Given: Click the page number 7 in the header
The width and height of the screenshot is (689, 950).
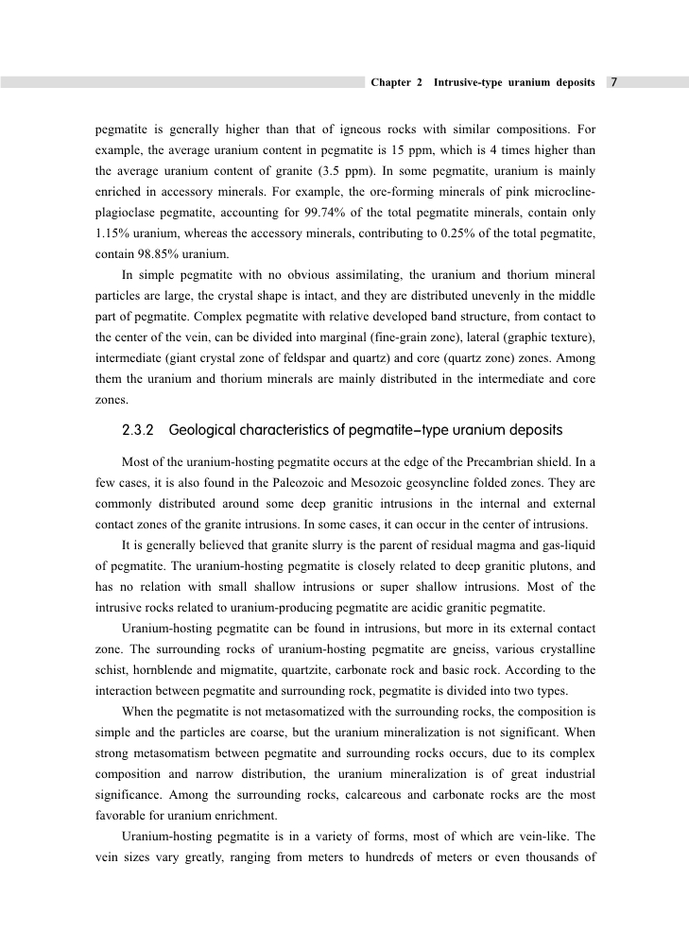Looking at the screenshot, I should pyautogui.click(x=614, y=82).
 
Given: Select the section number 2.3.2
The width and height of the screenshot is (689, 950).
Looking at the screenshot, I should pyautogui.click(x=140, y=430).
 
